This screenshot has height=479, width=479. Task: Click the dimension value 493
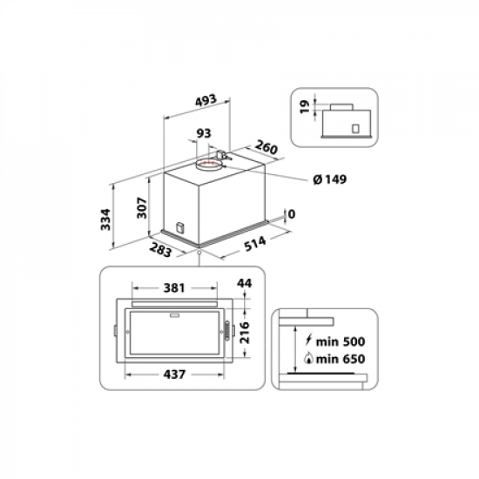(205, 101)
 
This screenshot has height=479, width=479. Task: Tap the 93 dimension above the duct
(204, 133)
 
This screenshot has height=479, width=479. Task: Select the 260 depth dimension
(266, 148)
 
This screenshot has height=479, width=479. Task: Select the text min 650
(337, 359)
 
